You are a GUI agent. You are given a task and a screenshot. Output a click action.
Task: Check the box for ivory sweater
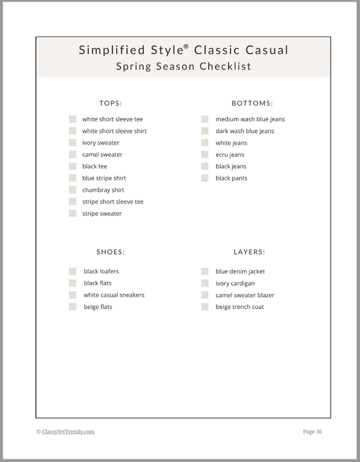pos(73,143)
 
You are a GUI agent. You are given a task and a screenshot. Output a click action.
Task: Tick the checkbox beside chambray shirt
pos(73,190)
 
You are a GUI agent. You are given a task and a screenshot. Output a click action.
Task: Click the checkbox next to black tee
pos(73,166)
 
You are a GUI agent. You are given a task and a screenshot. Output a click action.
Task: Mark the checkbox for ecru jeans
pos(205,154)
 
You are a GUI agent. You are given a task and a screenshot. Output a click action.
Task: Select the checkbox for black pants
pos(205,178)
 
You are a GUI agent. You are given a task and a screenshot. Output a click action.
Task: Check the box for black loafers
pos(73,271)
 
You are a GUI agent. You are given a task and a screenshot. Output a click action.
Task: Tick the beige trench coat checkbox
pos(205,306)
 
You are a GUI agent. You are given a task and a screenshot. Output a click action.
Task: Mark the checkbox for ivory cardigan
pos(205,283)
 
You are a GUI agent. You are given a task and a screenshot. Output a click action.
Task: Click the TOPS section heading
pos(111,103)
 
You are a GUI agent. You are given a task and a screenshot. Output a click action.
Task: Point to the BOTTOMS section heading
pos(252,103)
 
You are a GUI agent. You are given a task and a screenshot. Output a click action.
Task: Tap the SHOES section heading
pos(111,251)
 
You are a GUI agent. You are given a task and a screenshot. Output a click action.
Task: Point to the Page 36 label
pos(312,431)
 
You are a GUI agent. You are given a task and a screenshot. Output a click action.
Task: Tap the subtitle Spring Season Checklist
pos(183,66)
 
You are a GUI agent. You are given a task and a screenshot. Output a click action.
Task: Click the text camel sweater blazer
pos(245,295)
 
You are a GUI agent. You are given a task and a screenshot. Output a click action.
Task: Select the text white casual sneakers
pos(114,295)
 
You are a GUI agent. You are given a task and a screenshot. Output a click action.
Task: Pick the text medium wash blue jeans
pos(250,119)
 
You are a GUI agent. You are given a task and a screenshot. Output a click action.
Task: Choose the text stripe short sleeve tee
pos(113,202)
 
